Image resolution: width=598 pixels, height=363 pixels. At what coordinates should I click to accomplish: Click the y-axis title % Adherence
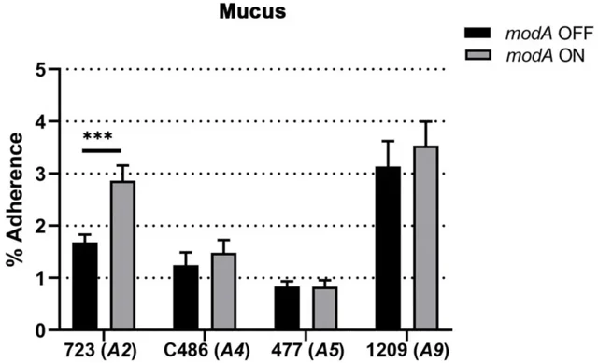[x=16, y=200]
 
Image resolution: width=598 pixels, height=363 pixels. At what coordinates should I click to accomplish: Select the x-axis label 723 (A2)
[x=104, y=349]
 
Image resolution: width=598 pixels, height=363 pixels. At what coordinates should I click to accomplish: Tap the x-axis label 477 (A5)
[x=306, y=349]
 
